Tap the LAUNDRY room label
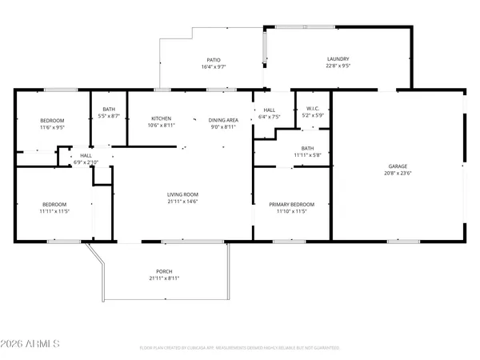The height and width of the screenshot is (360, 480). pyautogui.click(x=338, y=59)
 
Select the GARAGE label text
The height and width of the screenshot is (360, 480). pyautogui.click(x=398, y=166)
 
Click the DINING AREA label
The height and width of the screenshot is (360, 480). pyautogui.click(x=223, y=118)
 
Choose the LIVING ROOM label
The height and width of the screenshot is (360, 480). pyautogui.click(x=182, y=194)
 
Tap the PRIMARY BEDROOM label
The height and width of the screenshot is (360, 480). pyautogui.click(x=291, y=204)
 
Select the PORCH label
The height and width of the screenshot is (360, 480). pyautogui.click(x=164, y=271)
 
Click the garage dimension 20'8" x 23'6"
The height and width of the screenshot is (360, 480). pyautogui.click(x=398, y=174)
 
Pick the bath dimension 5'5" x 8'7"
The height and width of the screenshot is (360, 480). pyautogui.click(x=110, y=117)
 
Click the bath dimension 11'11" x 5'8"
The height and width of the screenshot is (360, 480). pyautogui.click(x=307, y=155)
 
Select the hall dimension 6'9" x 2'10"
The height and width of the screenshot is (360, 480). pyautogui.click(x=86, y=162)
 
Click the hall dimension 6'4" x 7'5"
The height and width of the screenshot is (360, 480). pyautogui.click(x=270, y=117)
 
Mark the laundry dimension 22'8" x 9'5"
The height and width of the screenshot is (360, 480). pyautogui.click(x=338, y=66)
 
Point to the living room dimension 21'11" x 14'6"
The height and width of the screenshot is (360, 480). pyautogui.click(x=182, y=202)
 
